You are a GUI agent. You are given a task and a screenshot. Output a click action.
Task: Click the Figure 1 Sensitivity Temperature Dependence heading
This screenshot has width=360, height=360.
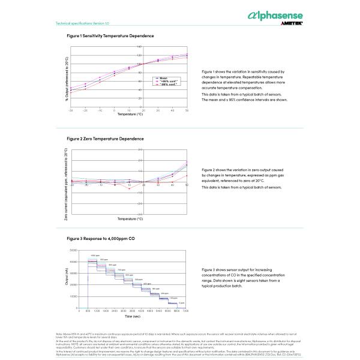(110, 36)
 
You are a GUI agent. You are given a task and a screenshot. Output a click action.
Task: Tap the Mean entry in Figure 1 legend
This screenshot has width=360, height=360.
(163, 78)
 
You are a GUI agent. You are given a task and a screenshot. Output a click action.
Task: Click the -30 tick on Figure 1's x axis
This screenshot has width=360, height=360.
(71, 110)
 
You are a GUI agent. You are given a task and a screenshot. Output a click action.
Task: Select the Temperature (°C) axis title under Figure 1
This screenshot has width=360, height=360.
(130, 114)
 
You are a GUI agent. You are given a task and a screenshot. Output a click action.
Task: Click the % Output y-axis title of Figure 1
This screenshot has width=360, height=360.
(67, 79)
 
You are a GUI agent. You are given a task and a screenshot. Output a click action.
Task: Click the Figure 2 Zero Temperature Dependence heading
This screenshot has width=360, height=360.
(105, 139)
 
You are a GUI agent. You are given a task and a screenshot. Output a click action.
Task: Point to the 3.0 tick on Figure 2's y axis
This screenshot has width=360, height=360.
(140, 149)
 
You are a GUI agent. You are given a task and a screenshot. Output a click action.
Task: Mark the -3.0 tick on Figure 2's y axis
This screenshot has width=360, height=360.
(140, 213)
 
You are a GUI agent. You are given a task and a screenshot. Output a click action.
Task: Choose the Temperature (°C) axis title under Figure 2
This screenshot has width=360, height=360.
(130, 218)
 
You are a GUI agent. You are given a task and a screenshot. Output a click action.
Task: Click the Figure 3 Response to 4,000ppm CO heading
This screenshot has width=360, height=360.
(101, 239)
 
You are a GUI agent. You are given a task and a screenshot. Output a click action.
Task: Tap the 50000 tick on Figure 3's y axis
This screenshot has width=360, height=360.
(73, 250)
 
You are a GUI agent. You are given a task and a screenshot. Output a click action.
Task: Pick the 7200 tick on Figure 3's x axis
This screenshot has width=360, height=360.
(185, 311)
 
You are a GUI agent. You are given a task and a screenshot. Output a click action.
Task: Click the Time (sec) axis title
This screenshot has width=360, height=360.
(133, 316)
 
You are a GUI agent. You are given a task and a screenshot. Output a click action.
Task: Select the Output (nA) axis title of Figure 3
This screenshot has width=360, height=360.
(67, 279)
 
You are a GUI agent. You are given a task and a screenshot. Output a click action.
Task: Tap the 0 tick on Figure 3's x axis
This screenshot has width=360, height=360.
(79, 311)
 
